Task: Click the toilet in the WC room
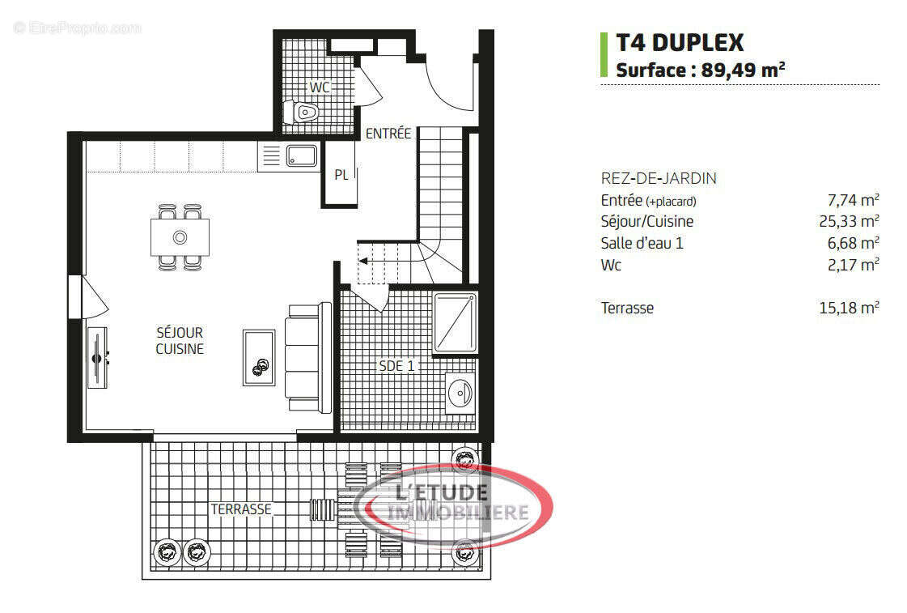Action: [x=303, y=112]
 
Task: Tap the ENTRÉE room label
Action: [x=388, y=134]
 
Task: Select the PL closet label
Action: [x=341, y=174]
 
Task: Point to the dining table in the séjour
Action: [x=180, y=236]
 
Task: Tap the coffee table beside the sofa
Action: [x=259, y=357]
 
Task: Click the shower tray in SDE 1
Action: [x=456, y=321]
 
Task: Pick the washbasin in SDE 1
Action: [x=460, y=394]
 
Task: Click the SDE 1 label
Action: [x=396, y=366]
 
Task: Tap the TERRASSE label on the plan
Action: [x=241, y=509]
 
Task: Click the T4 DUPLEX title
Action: [x=680, y=42]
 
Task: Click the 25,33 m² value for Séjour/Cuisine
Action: [x=849, y=221]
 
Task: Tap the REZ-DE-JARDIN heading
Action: [x=658, y=178]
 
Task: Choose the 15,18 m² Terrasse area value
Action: [x=849, y=308]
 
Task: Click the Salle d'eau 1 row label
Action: [x=642, y=243]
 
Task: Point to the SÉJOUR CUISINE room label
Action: [x=180, y=341]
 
